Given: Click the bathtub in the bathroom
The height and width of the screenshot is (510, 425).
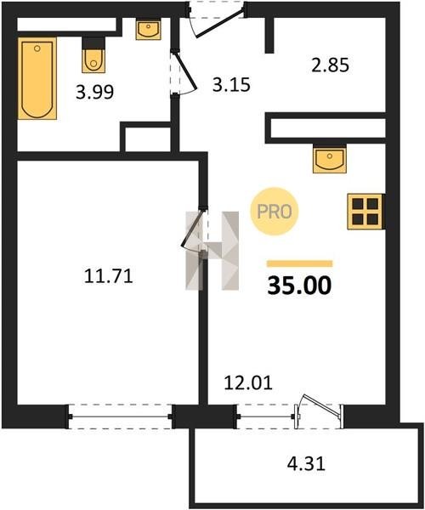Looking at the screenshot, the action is [x=37, y=78].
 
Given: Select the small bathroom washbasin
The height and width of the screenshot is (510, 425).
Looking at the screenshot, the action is [x=148, y=29].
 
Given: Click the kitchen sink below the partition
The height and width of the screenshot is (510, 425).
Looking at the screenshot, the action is [x=330, y=159].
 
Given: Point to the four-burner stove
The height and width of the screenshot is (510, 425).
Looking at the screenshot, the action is [x=366, y=212].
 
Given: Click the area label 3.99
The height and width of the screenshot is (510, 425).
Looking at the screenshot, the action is [x=94, y=93].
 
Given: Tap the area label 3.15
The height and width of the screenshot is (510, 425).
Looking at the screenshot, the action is [x=231, y=85].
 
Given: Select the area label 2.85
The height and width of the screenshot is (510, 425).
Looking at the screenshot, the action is [x=330, y=65].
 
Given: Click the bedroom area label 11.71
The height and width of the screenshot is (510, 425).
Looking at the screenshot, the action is [x=109, y=276].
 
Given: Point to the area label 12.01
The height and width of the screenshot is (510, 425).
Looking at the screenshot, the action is [x=248, y=383].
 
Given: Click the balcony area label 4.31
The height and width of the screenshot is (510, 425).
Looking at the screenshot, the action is [x=306, y=463].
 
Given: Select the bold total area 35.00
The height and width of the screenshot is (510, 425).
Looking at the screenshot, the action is [x=299, y=286].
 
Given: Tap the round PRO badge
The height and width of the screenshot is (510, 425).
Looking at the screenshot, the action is [x=275, y=212].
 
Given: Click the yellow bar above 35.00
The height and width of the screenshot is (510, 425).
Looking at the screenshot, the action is [x=299, y=263].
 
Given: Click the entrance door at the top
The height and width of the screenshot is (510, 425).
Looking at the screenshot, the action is [x=220, y=24].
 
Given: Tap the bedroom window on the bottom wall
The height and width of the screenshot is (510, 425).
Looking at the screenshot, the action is [x=121, y=416].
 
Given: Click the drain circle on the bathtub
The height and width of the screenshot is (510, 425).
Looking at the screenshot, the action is [x=37, y=48].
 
